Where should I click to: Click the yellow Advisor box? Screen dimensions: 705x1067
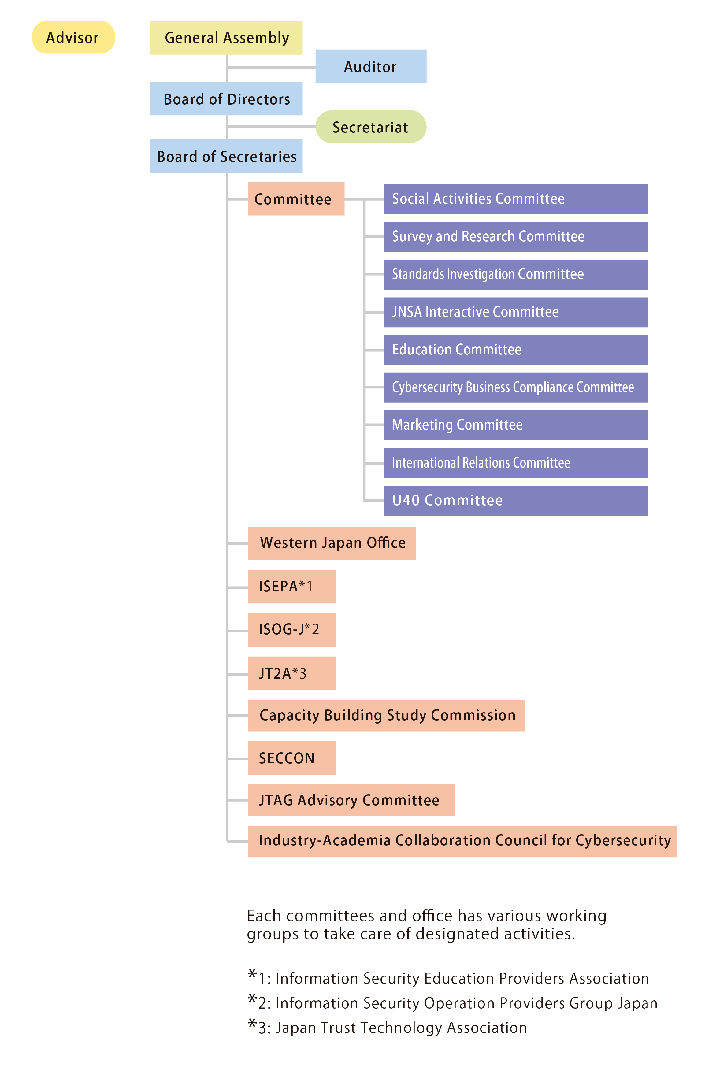73,37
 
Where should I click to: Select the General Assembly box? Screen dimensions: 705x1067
226,38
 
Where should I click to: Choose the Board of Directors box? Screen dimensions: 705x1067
226,98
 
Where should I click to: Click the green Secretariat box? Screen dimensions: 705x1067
371,127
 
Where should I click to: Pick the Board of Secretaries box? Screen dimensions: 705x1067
226,156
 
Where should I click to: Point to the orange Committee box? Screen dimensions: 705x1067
296,199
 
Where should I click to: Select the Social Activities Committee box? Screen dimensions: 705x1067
516,199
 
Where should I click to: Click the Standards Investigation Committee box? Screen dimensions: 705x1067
516,275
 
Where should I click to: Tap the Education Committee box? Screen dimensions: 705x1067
516,350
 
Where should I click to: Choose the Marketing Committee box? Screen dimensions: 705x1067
516,425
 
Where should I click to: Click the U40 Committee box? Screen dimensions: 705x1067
516,501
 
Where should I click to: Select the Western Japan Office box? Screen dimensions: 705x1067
332,543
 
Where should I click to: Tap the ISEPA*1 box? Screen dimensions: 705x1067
292,587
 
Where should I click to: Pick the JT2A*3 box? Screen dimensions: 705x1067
292,673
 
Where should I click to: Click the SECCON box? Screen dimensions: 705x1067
292,758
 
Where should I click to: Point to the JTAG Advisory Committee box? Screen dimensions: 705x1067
351,800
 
